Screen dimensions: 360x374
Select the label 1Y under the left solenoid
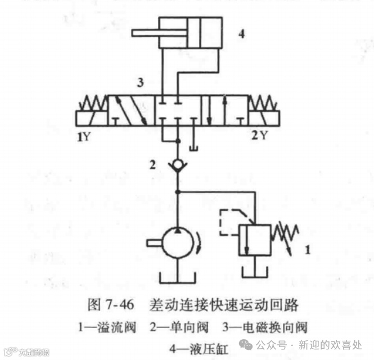pos(86,136)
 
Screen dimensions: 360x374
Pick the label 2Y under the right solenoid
pos(258,136)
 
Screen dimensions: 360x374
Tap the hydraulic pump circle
pos(177,242)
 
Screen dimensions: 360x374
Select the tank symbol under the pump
pos(177,277)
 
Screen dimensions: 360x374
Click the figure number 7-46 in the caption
pos(119,306)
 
